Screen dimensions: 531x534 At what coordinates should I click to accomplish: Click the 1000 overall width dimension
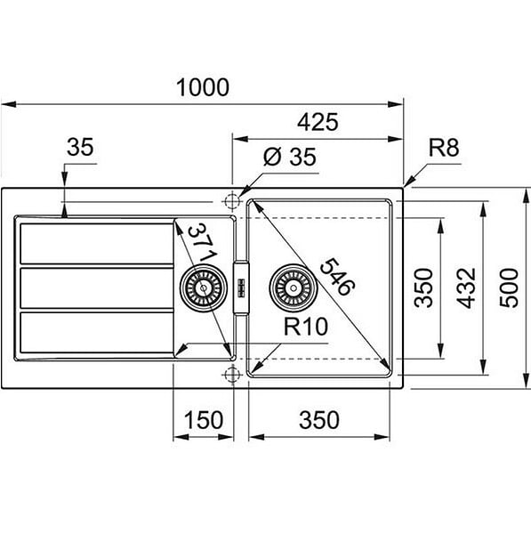click(203, 87)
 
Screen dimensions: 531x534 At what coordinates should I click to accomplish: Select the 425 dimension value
click(318, 122)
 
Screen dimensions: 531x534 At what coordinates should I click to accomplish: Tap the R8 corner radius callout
click(444, 148)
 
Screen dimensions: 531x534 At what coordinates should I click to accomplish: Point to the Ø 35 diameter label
click(290, 157)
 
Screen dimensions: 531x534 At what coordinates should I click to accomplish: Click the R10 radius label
click(306, 327)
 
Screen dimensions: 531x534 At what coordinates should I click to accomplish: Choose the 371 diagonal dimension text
click(203, 242)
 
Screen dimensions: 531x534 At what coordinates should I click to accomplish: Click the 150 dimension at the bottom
click(204, 419)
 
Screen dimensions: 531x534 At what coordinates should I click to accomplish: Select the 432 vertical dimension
click(466, 288)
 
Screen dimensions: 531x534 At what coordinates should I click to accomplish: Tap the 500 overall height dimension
click(509, 288)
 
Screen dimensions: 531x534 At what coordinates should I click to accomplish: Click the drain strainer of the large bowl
click(293, 287)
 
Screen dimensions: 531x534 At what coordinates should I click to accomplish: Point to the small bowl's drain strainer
click(204, 287)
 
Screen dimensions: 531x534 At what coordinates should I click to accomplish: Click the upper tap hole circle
click(232, 201)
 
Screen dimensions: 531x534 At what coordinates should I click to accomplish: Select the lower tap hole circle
click(232, 375)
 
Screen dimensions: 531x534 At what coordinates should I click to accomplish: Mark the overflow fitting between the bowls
click(241, 287)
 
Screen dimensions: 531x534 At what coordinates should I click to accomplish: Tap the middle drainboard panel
click(97, 288)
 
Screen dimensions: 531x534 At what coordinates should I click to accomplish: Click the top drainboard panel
click(97, 244)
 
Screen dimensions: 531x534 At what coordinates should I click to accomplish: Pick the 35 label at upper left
click(80, 147)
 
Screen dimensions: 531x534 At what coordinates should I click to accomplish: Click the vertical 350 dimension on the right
click(423, 288)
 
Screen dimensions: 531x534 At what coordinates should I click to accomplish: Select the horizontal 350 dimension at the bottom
click(319, 419)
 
